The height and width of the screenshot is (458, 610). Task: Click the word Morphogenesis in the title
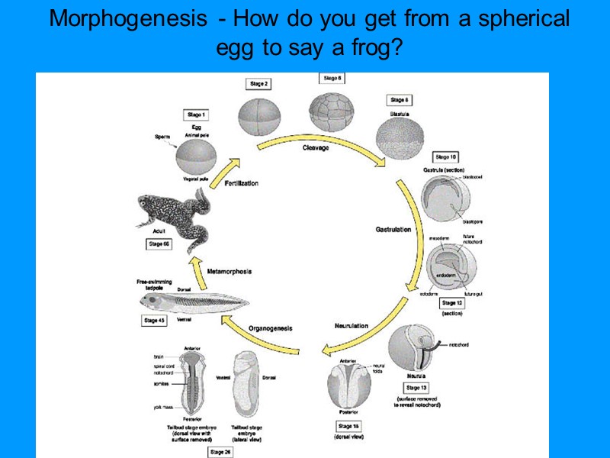(122, 20)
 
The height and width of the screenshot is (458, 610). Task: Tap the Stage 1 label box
(195, 114)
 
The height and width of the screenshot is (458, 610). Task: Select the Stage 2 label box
(257, 83)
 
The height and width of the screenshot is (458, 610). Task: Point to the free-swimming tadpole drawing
(194, 304)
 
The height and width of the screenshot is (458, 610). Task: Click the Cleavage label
(315, 147)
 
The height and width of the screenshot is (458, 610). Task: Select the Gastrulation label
(393, 229)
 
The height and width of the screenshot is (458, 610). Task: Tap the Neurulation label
(351, 326)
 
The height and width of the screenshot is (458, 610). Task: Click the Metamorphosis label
(230, 271)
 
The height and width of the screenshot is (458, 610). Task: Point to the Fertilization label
(241, 183)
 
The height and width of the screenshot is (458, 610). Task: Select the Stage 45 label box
(154, 321)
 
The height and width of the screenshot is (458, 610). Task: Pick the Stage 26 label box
(220, 452)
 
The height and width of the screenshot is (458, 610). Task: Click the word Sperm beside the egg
(162, 137)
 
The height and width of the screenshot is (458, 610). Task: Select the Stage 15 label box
(348, 425)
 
